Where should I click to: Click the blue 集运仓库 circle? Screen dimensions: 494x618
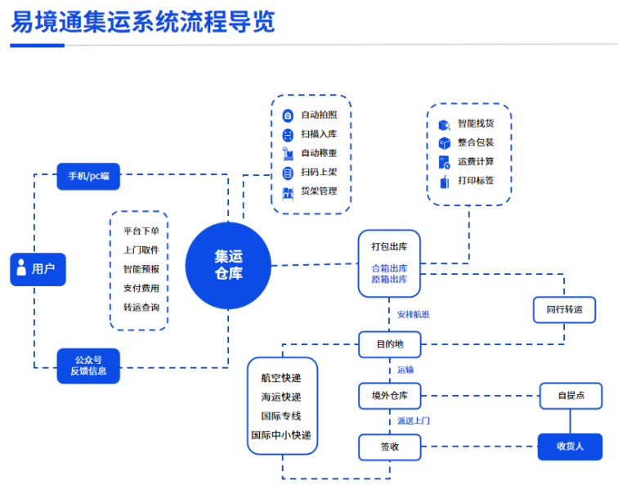click(x=228, y=265)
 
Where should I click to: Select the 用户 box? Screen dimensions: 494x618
click(x=38, y=268)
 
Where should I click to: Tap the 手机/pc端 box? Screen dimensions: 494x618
click(x=88, y=175)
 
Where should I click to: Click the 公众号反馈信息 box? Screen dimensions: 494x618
click(x=88, y=366)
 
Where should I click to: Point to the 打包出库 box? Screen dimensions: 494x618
click(x=389, y=263)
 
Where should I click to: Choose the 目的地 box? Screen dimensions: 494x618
click(x=389, y=344)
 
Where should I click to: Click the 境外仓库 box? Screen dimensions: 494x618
click(x=389, y=396)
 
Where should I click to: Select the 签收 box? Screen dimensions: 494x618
click(x=389, y=447)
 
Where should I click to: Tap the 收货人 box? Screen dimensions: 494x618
click(x=570, y=447)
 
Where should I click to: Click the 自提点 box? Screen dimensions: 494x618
click(x=570, y=396)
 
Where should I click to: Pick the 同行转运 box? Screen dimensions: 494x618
click(x=564, y=309)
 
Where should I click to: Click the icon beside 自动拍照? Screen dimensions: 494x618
click(x=287, y=115)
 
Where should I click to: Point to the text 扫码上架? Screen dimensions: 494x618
click(x=319, y=172)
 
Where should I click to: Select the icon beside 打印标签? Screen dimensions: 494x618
click(x=445, y=181)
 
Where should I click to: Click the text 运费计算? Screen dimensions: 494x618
click(x=476, y=162)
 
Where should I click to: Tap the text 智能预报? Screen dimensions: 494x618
click(x=141, y=269)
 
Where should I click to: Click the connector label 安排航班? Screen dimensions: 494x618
click(x=414, y=314)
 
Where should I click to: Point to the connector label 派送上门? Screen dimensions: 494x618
click(x=414, y=421)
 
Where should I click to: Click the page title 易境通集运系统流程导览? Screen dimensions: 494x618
click(x=143, y=21)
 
